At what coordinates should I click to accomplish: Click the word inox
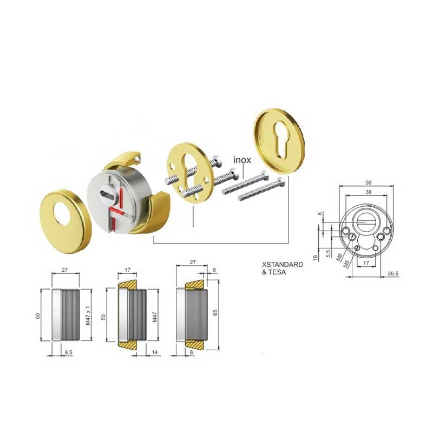coord(242,160)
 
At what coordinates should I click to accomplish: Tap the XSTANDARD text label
coord(283,265)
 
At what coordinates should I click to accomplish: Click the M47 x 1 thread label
coord(88,315)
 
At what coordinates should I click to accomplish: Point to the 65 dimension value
coord(215,313)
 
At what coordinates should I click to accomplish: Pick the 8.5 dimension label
coord(69,352)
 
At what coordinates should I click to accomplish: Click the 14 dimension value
coord(155,352)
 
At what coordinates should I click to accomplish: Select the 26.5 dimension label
coord(393,274)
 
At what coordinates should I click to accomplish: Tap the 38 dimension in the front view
coord(369,192)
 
